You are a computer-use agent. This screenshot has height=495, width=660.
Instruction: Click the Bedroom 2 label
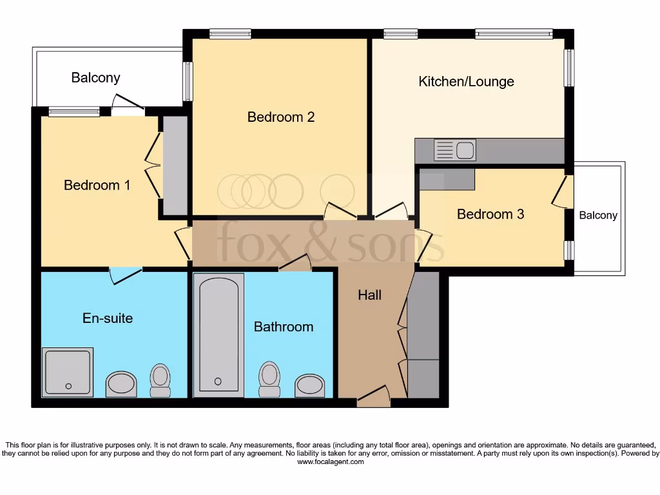coord(281,117)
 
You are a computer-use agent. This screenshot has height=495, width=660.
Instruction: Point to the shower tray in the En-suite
coord(68,372)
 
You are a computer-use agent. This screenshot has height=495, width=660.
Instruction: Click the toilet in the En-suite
coord(160,380)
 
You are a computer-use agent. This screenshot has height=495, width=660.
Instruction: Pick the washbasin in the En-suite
coord(121,384)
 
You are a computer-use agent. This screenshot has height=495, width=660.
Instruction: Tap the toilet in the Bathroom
coord(268,380)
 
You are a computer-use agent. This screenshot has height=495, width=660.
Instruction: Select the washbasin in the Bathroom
coord(310,385)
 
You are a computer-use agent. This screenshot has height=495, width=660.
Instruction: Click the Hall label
coord(370,295)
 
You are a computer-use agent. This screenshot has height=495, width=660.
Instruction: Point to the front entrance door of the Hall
coord(374,396)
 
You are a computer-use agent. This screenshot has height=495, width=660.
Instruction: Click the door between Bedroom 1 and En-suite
coord(125,274)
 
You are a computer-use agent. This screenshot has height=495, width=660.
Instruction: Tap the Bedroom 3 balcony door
coord(563,192)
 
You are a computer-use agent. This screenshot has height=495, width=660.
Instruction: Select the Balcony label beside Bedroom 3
coord(598,215)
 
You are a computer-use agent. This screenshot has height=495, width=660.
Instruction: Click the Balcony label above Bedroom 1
coord(95,78)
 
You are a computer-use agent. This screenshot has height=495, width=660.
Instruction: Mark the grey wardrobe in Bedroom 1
coord(175,165)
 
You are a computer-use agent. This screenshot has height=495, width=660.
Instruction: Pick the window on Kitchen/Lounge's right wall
coord(569,68)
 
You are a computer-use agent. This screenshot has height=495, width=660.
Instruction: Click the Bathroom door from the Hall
coord(296,262)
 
